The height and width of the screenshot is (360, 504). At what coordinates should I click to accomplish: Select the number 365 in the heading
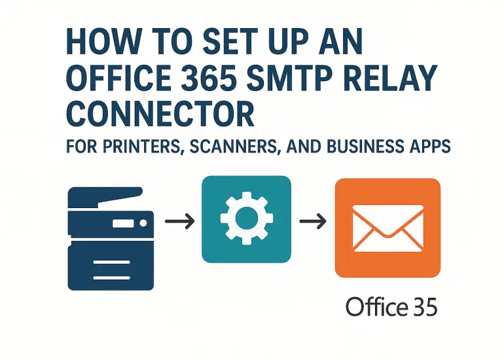206,77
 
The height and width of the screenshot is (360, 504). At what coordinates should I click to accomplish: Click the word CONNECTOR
160,113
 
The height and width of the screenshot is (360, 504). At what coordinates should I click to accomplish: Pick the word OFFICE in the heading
119,77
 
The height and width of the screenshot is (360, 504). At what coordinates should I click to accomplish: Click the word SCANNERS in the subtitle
234,147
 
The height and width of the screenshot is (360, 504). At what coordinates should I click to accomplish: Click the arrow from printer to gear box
180,221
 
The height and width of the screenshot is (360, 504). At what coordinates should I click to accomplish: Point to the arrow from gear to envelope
313,221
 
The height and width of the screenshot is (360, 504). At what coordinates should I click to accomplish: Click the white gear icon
247,218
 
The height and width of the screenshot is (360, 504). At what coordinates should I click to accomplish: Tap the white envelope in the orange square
387,228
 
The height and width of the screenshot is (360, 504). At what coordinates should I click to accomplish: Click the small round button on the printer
143,223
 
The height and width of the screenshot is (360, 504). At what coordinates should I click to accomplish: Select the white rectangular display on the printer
123,223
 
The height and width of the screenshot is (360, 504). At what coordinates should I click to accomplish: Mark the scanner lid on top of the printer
105,197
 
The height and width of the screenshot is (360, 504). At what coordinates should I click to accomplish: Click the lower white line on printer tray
111,278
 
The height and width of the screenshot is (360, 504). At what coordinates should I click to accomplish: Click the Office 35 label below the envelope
391,306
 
